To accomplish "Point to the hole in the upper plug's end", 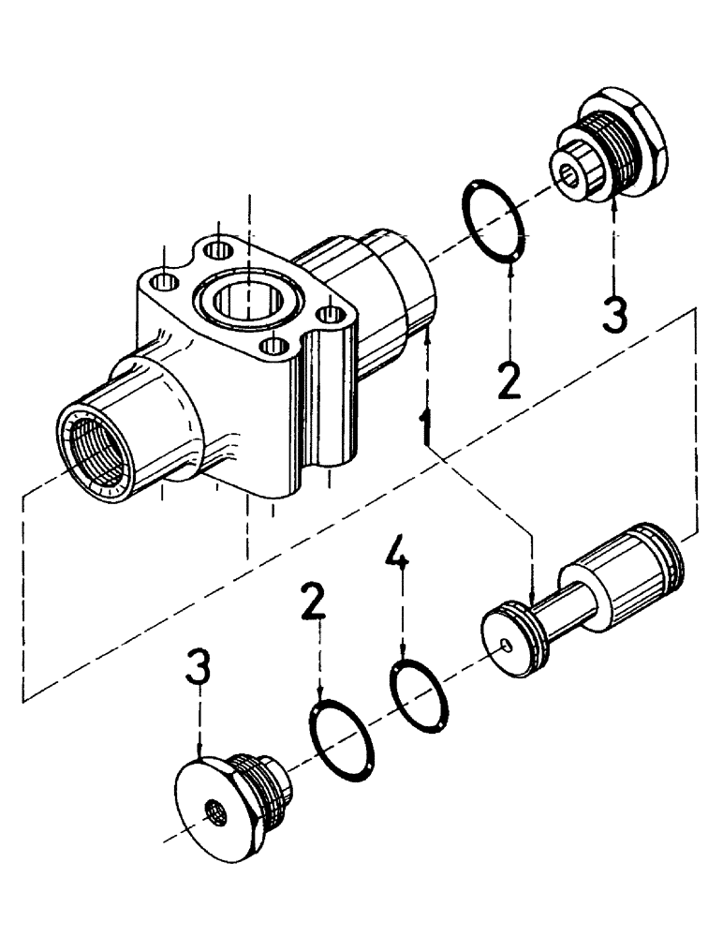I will [569, 173].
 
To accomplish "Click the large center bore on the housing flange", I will [247, 302].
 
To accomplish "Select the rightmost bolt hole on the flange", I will [330, 315].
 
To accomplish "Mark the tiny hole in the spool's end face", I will [506, 644].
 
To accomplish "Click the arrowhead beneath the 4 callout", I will [403, 656].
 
